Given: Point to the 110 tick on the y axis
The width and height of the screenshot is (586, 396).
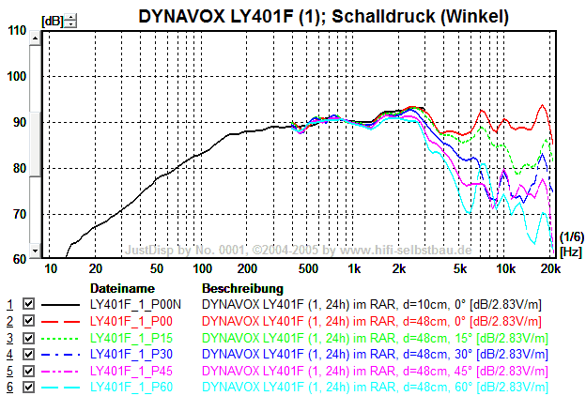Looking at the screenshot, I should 17,31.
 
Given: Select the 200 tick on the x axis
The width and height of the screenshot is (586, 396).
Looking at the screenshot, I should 246,268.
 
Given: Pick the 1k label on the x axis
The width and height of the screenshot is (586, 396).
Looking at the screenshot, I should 353,268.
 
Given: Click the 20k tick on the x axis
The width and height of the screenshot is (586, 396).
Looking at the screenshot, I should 551,268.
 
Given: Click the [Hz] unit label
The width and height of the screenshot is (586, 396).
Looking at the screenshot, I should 570,251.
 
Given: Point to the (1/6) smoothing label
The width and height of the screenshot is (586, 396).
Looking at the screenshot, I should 570,237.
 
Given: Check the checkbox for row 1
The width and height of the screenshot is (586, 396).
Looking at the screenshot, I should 28,304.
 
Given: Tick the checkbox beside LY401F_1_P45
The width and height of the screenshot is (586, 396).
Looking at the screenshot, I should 28,373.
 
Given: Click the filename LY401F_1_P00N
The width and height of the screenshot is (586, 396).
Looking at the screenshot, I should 142,304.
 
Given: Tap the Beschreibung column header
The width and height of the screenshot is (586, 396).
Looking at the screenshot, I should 242,288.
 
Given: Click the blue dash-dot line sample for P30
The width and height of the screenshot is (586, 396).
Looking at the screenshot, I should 62,355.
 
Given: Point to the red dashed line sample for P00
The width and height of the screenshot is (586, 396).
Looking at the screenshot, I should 62,321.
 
